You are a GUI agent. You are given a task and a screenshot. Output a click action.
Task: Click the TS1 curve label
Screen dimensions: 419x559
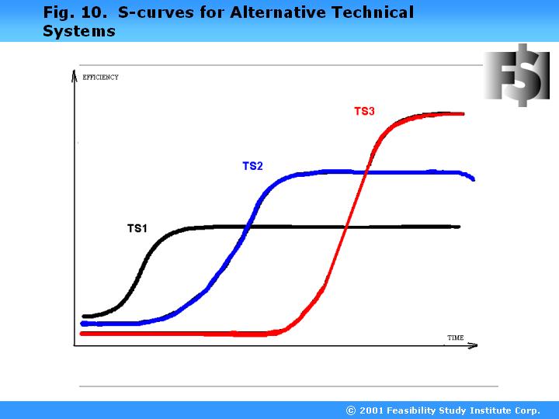(x=137, y=228)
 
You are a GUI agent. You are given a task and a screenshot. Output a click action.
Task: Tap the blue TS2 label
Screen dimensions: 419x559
(x=252, y=166)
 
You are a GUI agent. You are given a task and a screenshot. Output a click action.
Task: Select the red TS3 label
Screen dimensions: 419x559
(x=364, y=111)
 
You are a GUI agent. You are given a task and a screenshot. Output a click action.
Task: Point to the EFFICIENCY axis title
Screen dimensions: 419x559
(x=100, y=77)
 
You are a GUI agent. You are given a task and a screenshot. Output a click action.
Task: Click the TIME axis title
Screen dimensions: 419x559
(x=455, y=338)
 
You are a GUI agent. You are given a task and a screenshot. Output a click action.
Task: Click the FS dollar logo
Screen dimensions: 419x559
(x=516, y=74)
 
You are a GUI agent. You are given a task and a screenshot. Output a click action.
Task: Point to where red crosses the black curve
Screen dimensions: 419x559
(x=346, y=227)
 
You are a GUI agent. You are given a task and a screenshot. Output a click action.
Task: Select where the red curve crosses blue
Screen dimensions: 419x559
(x=365, y=171)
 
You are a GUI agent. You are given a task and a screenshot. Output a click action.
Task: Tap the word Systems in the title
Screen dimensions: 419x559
(x=78, y=32)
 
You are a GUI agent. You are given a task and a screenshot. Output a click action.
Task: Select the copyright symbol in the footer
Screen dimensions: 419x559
(x=351, y=410)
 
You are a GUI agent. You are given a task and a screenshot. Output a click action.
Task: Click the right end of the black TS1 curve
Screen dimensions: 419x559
(x=458, y=227)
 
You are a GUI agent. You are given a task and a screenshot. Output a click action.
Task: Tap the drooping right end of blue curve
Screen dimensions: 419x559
(x=471, y=178)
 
